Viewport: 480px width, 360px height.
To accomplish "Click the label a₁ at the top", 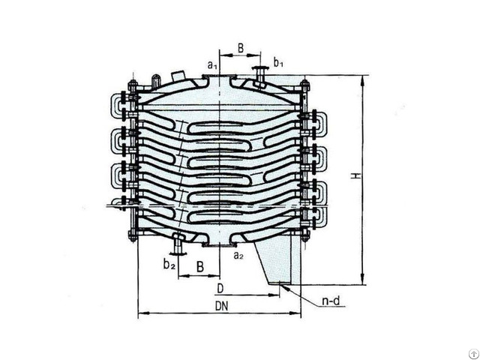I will point(212,66).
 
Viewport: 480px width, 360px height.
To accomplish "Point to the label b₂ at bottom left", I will point(169,263).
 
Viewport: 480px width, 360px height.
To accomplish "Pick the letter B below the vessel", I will point(199,266).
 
